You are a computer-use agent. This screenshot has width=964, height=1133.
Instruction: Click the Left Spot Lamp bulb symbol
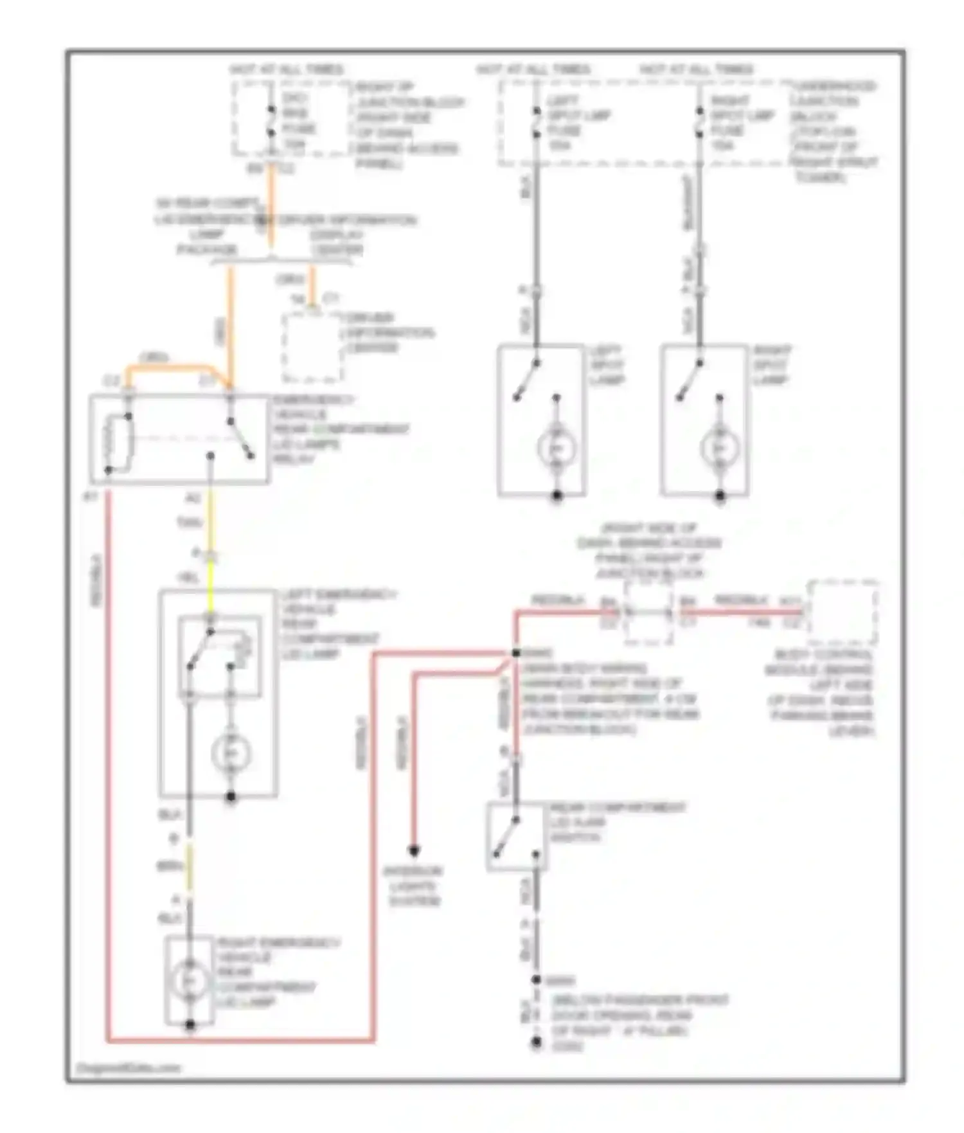557,448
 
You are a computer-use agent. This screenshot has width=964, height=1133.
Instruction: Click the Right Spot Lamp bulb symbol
719,448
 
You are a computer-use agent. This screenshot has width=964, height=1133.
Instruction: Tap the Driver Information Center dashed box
312,348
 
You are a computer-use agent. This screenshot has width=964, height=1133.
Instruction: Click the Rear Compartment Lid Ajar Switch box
516,835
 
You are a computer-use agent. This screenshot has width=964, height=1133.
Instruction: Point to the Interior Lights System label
413,886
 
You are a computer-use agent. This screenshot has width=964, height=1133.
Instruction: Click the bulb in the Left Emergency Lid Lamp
231,753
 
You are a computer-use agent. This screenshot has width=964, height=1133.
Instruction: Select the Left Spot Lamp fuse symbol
536,123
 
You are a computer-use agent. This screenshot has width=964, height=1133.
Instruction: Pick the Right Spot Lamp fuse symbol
699,123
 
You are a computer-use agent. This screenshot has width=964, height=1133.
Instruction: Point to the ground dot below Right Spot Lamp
720,495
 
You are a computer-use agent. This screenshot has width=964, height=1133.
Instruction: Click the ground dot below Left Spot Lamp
557,495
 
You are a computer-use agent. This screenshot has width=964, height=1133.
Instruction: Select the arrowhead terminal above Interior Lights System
414,851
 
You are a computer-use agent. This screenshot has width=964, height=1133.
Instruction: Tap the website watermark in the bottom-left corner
129,1068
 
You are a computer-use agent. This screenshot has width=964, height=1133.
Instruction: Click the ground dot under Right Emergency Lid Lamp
190,1024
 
